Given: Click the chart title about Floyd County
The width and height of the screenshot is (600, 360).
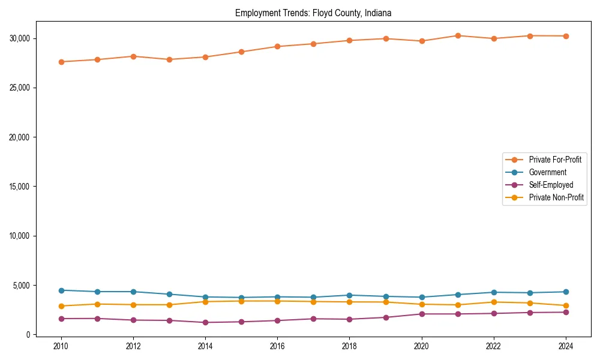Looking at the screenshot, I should pyautogui.click(x=313, y=13).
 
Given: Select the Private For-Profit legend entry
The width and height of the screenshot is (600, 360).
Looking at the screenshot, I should pyautogui.click(x=555, y=160).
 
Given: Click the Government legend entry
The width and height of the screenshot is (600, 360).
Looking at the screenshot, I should pyautogui.click(x=547, y=172).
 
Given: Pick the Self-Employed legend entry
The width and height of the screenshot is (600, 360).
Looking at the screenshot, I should pyautogui.click(x=551, y=185).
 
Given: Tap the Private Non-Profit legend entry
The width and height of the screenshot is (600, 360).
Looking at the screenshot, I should pyautogui.click(x=556, y=197).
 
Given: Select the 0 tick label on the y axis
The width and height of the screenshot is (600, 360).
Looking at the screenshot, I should pyautogui.click(x=27, y=335).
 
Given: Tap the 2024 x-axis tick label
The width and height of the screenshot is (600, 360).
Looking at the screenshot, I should pyautogui.click(x=566, y=346).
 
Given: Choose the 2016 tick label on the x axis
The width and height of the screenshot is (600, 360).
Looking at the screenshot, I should pyautogui.click(x=277, y=346).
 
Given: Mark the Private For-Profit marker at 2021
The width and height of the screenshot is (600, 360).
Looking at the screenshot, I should pyautogui.click(x=458, y=35).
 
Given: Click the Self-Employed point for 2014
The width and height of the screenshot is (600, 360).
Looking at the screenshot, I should pyautogui.click(x=205, y=322).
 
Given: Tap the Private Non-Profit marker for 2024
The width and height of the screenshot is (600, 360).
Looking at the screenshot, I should pyautogui.click(x=566, y=305).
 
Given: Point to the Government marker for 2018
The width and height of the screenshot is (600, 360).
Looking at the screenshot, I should pyautogui.click(x=349, y=295).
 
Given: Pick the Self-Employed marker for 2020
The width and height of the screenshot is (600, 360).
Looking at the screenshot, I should pyautogui.click(x=422, y=314).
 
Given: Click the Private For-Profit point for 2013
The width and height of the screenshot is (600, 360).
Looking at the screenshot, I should pyautogui.click(x=169, y=59).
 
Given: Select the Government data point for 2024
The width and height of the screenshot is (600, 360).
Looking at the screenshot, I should pyautogui.click(x=566, y=292).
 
